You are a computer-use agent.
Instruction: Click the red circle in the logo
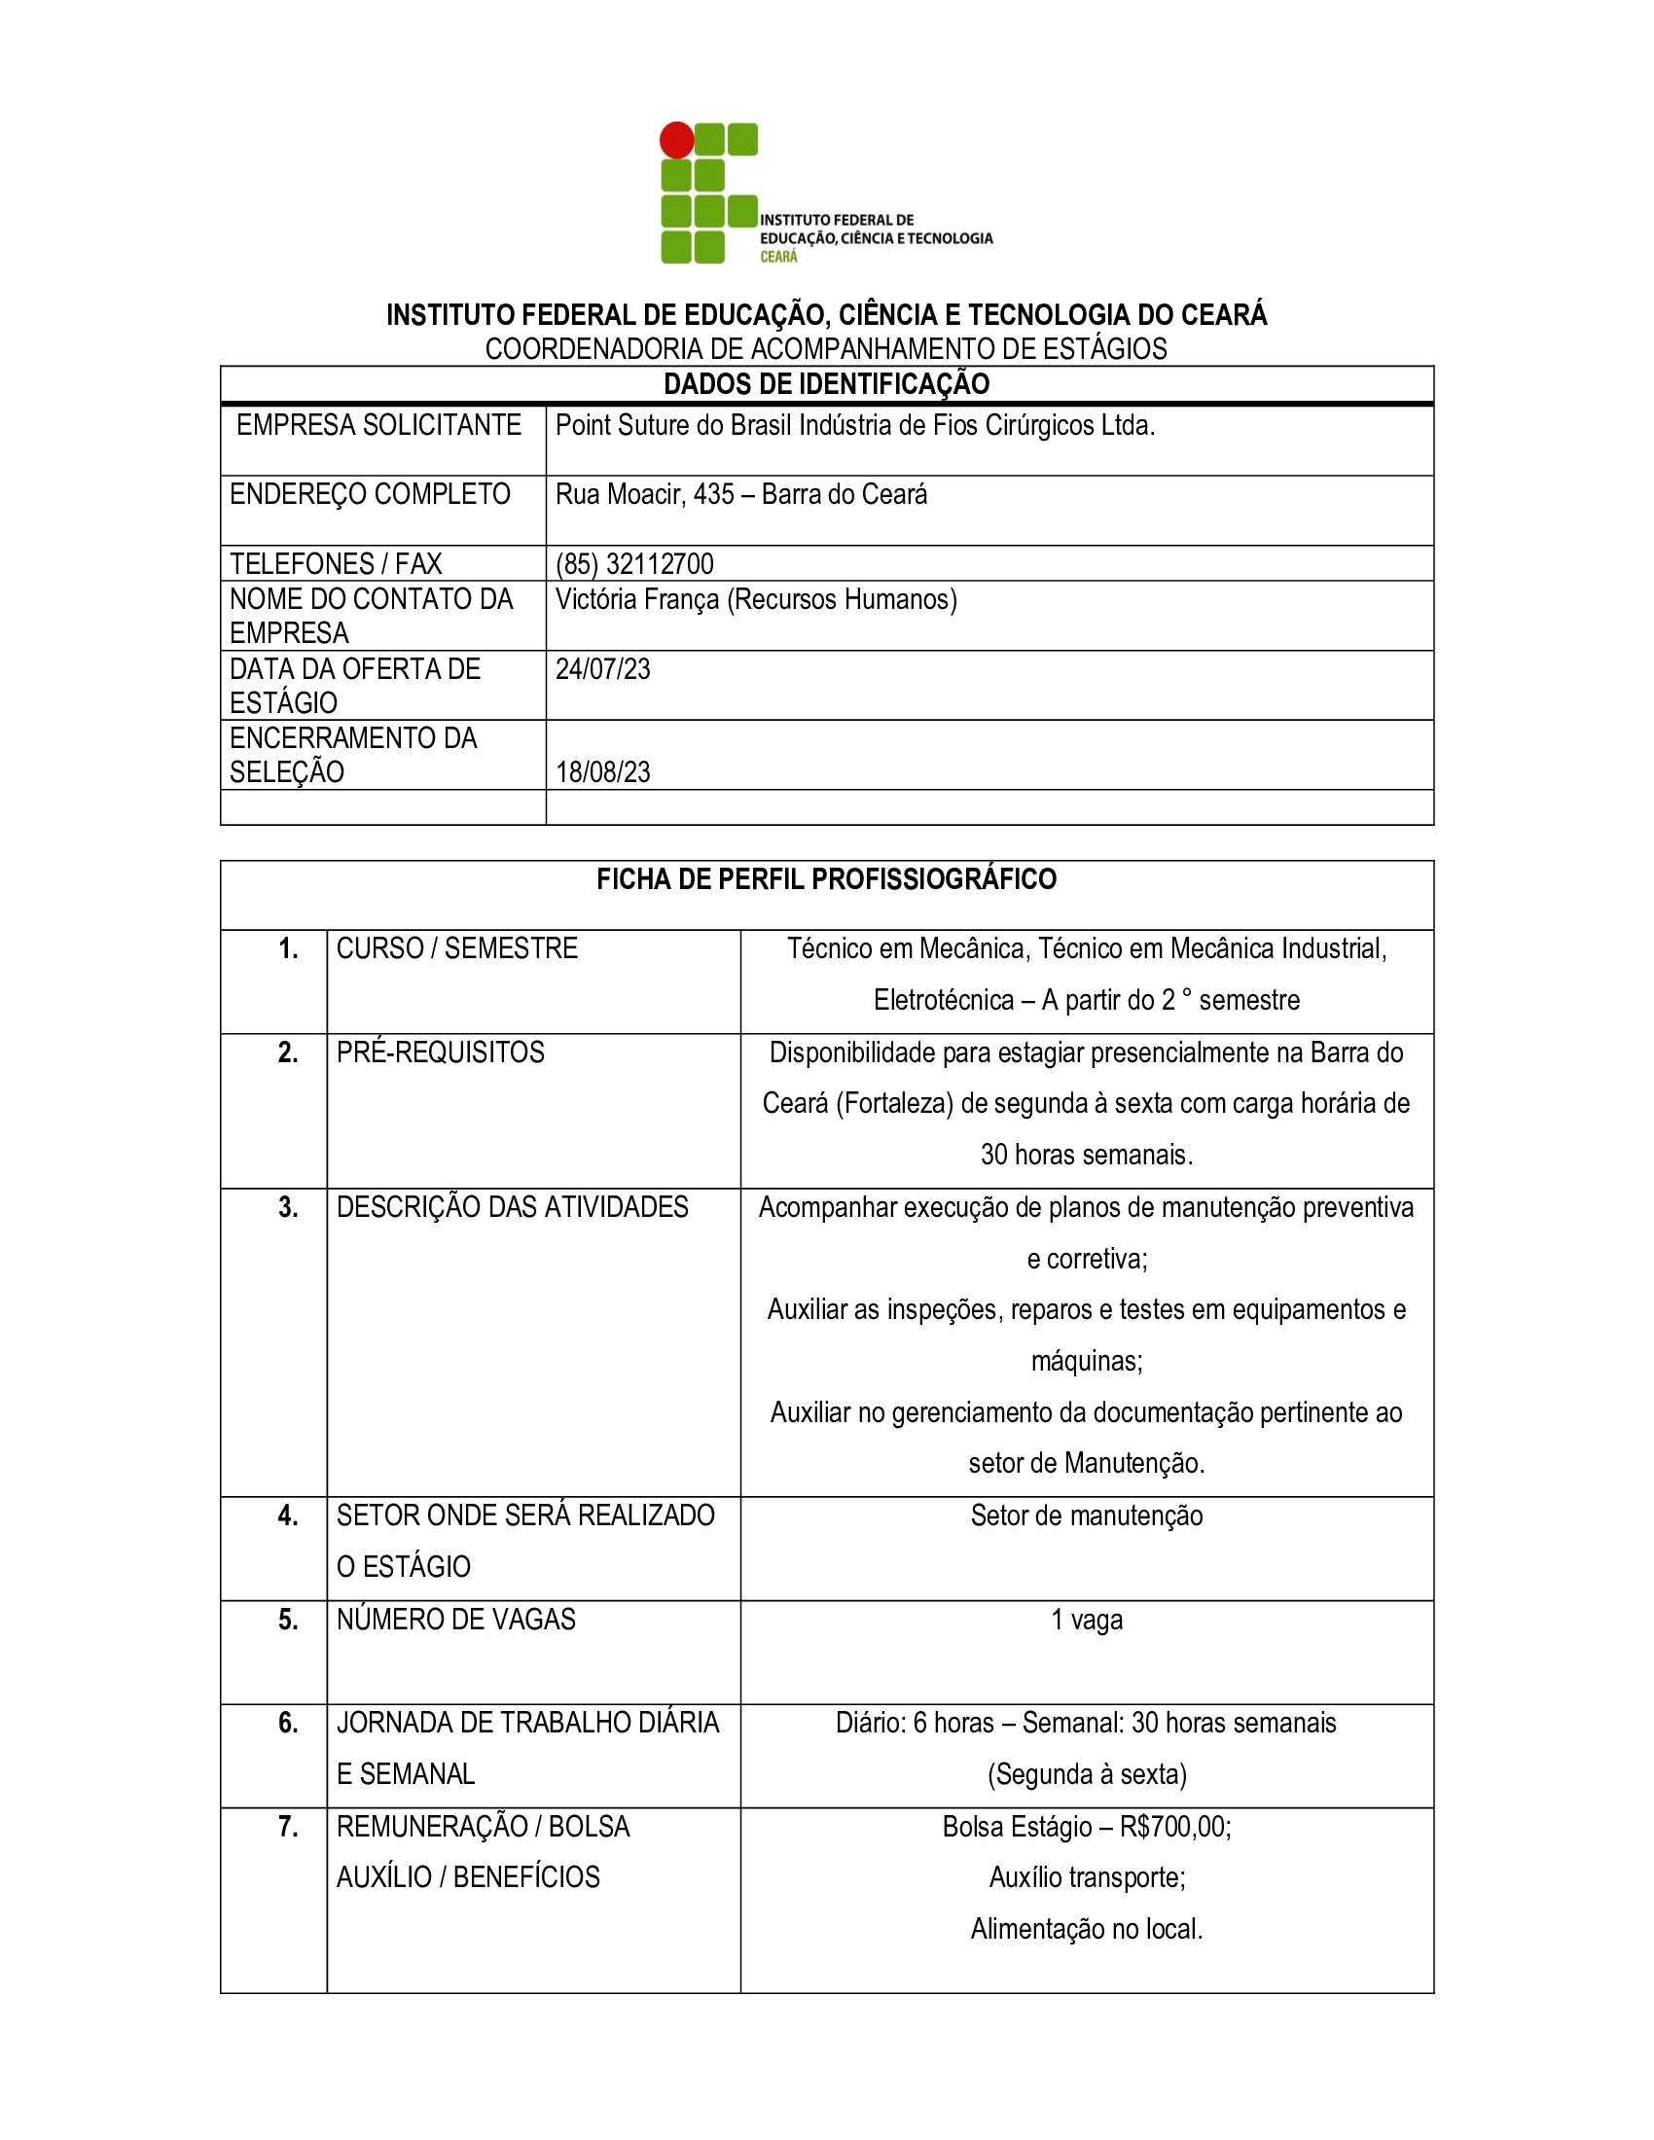(x=676, y=140)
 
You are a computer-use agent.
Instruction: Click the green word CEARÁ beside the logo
(x=778, y=257)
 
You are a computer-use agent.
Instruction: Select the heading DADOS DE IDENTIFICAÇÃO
(x=826, y=384)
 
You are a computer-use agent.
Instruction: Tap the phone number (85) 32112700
(x=634, y=564)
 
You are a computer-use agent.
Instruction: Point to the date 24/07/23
(x=602, y=669)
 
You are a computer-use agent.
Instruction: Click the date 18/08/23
(x=602, y=772)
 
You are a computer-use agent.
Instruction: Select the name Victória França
(x=637, y=599)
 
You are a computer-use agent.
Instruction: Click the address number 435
(x=713, y=495)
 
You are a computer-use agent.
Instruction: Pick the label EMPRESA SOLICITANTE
(x=378, y=425)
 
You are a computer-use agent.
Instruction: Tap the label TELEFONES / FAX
(x=335, y=564)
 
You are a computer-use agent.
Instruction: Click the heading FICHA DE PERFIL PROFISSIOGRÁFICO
(x=826, y=879)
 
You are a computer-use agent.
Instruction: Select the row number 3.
(x=287, y=1207)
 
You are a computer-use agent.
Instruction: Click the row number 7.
(x=287, y=1827)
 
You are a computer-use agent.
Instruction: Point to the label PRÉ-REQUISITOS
(x=440, y=1052)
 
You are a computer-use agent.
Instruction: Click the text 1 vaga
(x=1086, y=1620)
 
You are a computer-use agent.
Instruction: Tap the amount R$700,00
(x=1175, y=1827)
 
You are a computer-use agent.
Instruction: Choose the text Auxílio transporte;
(x=1087, y=1877)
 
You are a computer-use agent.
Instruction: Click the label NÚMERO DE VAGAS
(x=455, y=1620)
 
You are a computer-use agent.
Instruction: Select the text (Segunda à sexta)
(x=1087, y=1774)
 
